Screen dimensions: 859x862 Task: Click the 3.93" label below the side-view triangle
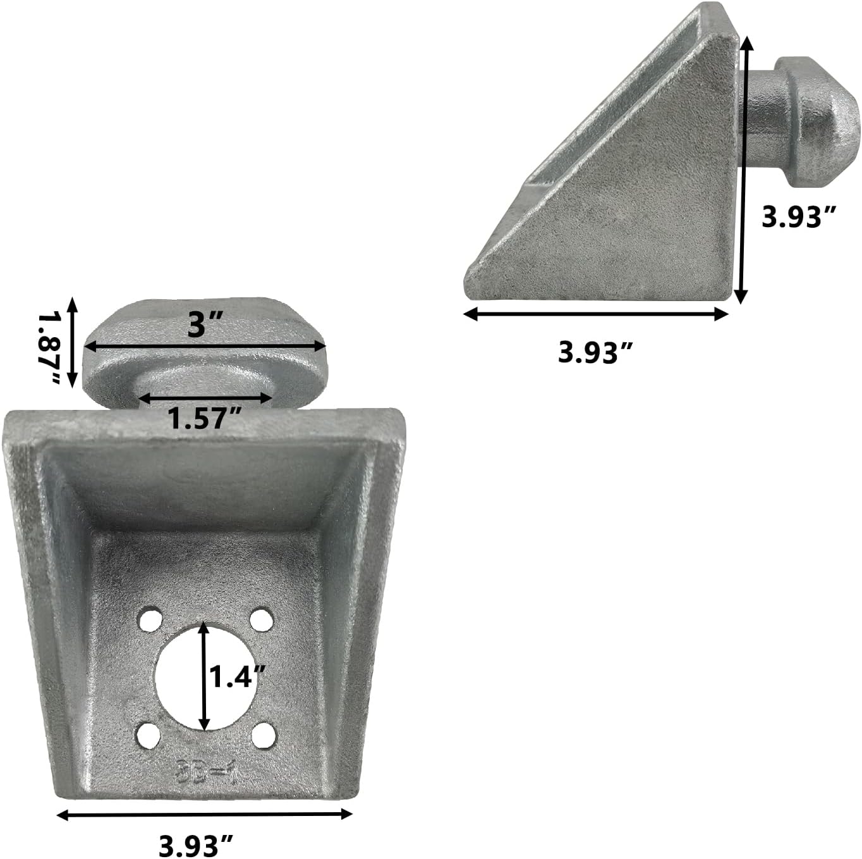(x=595, y=352)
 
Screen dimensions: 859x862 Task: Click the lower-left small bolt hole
(x=148, y=735)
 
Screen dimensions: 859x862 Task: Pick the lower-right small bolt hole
(x=264, y=735)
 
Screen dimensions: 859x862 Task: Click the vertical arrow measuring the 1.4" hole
(x=203, y=676)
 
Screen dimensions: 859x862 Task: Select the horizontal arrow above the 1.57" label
(x=205, y=398)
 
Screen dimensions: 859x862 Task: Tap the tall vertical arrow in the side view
(x=744, y=170)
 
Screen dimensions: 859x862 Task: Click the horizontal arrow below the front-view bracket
(x=204, y=815)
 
